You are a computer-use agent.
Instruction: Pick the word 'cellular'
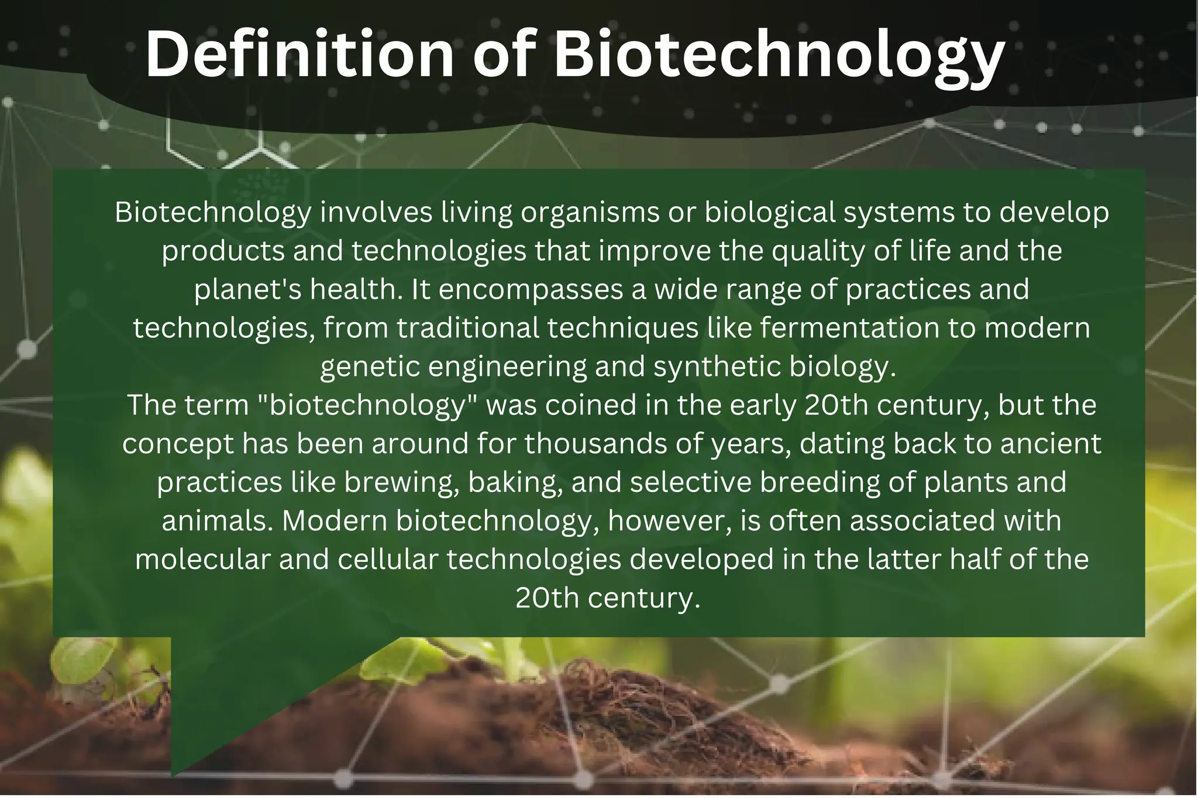[x=388, y=559]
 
